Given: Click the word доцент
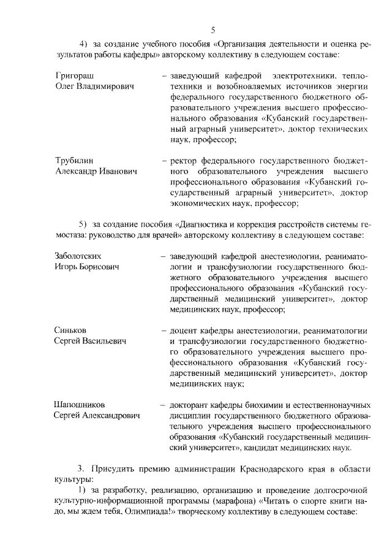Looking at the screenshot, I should (185, 330).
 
